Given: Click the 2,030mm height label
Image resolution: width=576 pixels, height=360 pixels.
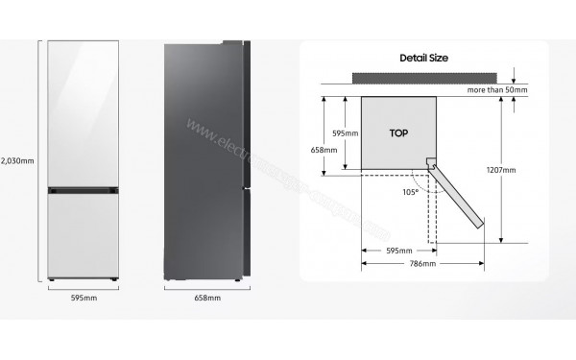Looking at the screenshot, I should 17,160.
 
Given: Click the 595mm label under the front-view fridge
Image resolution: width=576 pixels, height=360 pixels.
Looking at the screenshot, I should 84,299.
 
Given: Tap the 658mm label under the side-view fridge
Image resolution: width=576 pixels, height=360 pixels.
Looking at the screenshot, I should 207,299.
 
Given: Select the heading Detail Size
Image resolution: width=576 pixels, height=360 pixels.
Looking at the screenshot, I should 423,59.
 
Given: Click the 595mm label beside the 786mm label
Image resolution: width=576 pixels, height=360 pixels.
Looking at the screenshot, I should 386,250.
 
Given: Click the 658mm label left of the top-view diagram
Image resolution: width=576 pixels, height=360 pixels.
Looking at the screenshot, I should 324,150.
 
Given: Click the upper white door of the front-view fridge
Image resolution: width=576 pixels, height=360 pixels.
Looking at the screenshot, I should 84,109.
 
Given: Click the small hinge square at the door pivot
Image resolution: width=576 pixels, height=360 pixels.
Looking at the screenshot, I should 432,164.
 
